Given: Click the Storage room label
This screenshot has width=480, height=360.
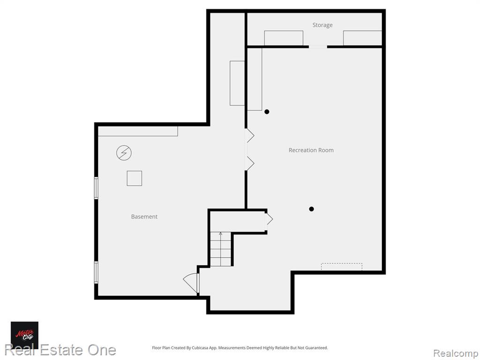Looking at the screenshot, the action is (322, 25).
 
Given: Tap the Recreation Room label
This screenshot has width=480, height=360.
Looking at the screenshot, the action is (311, 150).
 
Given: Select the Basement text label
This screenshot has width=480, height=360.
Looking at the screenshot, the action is (144, 217).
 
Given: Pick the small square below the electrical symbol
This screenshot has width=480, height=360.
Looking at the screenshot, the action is (135, 178).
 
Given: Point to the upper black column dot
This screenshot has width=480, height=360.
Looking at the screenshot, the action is (267, 112).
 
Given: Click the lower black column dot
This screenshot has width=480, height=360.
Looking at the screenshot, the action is (311, 209).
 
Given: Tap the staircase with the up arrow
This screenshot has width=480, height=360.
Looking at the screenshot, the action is (220, 249).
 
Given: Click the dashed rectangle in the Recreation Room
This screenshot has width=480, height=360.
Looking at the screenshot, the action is (342, 267).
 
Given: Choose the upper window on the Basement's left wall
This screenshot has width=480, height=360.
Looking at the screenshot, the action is (96, 188).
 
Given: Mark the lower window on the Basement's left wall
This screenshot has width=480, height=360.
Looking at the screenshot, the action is (96, 272).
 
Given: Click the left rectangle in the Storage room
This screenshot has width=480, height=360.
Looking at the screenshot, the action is (284, 38).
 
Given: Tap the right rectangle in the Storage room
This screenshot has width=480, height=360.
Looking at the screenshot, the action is (362, 38).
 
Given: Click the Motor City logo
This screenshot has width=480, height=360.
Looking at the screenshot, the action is (24, 335).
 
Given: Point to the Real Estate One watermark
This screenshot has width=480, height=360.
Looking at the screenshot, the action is (60, 350).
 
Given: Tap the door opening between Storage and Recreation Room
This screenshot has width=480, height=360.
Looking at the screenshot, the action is (318, 47).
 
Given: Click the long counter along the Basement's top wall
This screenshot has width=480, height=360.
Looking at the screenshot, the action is (138, 131).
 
